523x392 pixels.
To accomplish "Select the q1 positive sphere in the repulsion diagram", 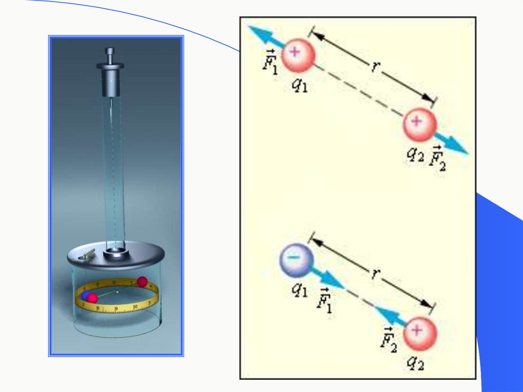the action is point(298,54).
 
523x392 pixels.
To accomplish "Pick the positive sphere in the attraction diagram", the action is point(420,333).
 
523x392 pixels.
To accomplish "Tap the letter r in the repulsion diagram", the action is point(375,67).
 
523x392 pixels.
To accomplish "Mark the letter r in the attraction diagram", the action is point(375,274).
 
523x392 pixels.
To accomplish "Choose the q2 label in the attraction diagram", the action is point(415,362).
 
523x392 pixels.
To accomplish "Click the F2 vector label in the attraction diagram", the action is point(389,337).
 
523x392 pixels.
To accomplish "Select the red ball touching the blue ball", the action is point(92,298).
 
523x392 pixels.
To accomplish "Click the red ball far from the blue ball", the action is point(142,281).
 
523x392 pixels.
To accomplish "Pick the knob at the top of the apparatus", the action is point(110,53).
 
